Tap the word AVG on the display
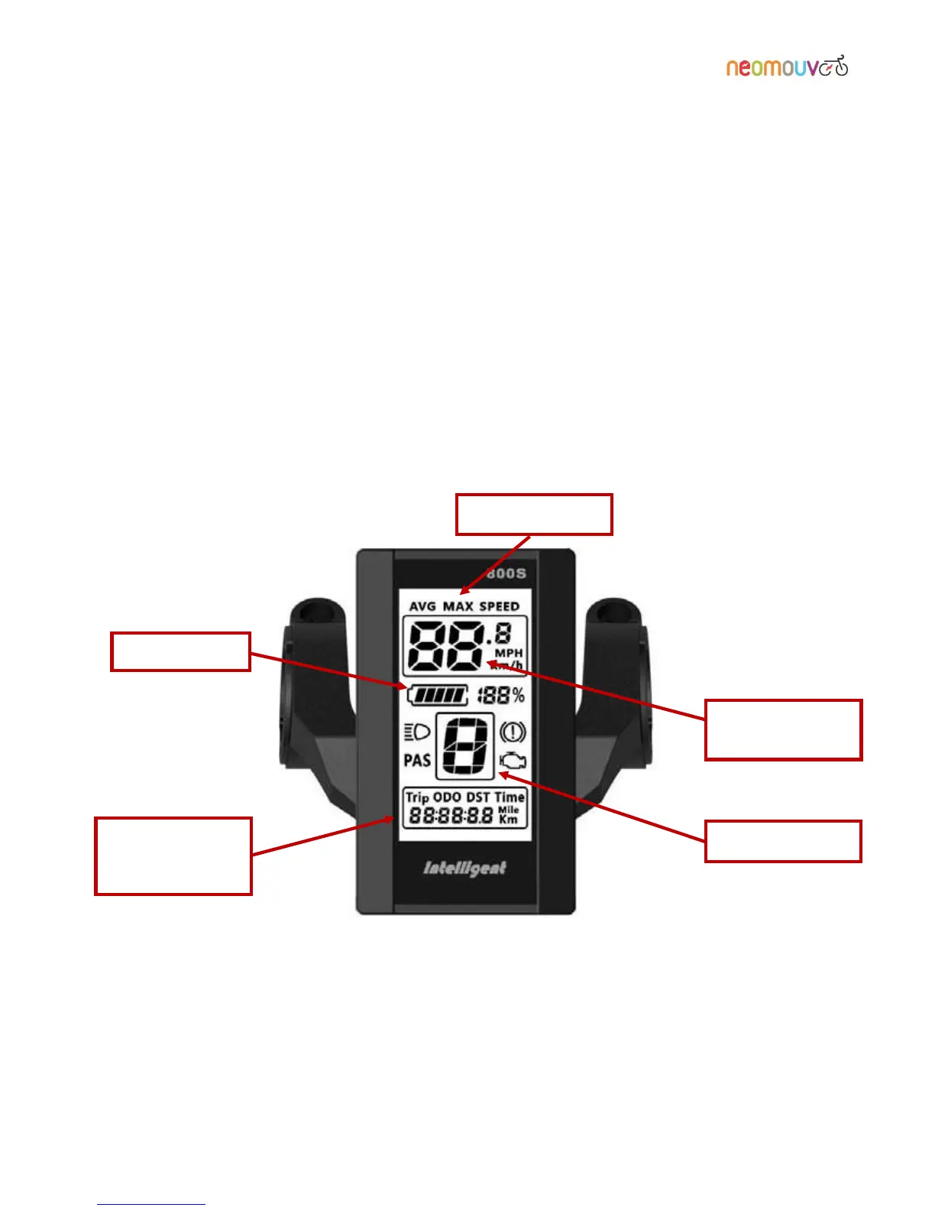(422, 606)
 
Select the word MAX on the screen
(458, 606)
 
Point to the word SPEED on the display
(499, 606)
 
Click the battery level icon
(438, 695)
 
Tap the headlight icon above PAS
(416, 732)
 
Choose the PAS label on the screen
(417, 760)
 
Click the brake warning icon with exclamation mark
(513, 732)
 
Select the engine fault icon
(513, 761)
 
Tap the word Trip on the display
(417, 797)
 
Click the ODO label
(448, 797)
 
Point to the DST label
(478, 797)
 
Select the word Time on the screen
(510, 797)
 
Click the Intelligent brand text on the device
(464, 868)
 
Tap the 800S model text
(506, 573)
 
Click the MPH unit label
(509, 653)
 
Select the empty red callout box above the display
(534, 515)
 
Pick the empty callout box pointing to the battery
(180, 651)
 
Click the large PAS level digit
(465, 745)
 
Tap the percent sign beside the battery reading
(519, 695)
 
